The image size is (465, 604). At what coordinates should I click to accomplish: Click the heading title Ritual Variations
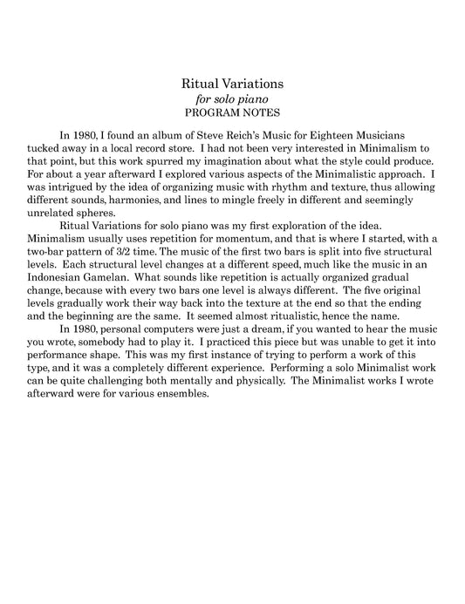pos(232,84)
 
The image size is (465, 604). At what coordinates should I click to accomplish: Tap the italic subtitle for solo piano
pos(232,99)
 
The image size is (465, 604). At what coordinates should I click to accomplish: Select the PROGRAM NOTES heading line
pos(232,113)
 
